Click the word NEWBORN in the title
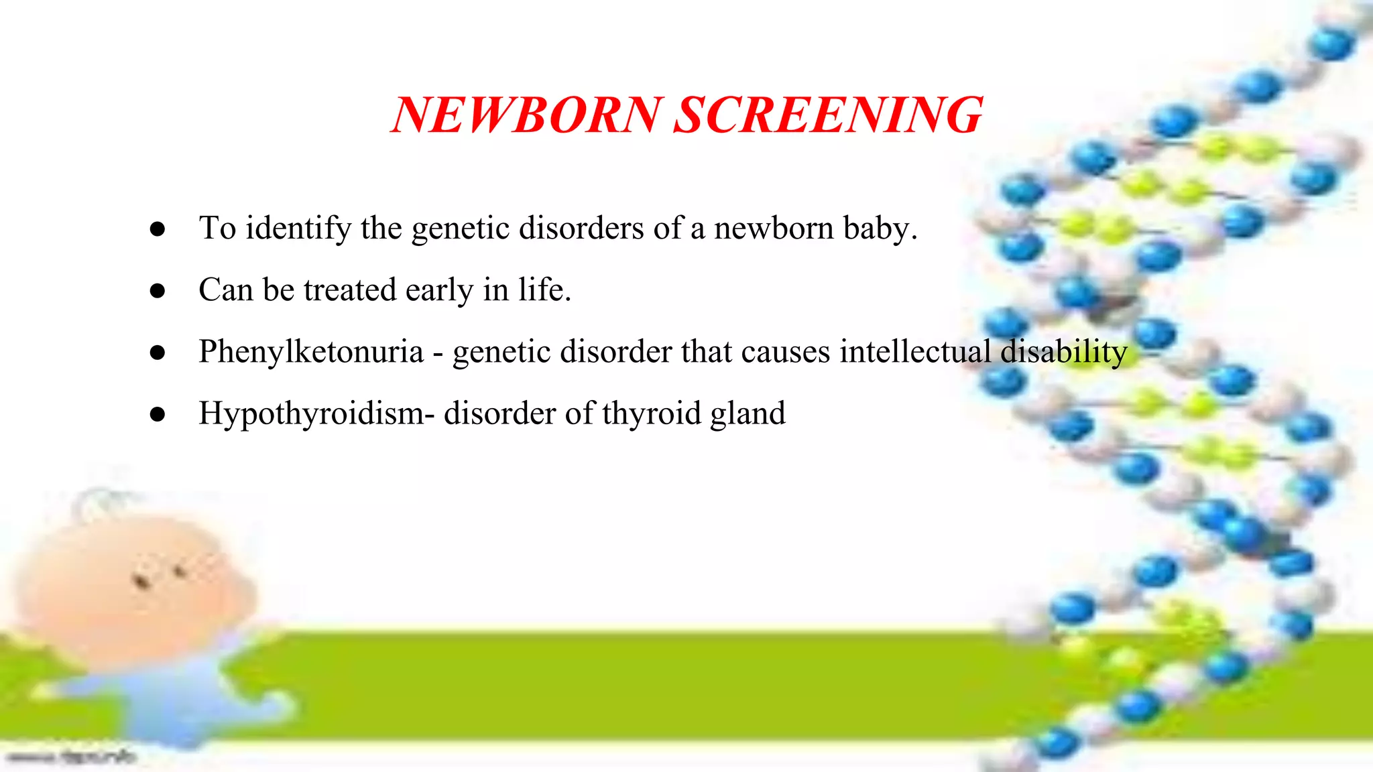click(x=527, y=115)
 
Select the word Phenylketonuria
click(x=311, y=352)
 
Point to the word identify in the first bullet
click(x=298, y=229)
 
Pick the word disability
click(x=1064, y=352)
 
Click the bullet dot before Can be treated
click(x=158, y=291)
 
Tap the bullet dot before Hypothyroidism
click(x=158, y=414)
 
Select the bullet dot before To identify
click(x=158, y=229)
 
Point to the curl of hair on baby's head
click(x=101, y=503)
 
